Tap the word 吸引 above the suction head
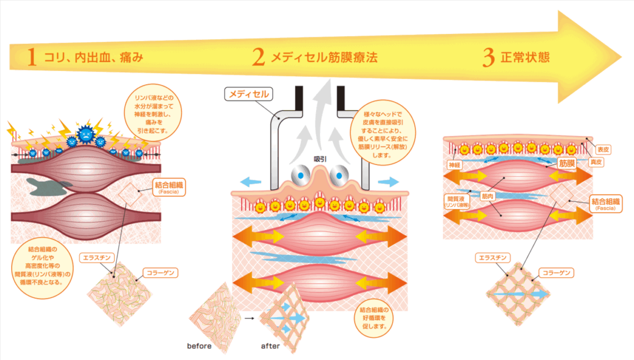320,159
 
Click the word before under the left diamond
199,347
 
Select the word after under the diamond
270,347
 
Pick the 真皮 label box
595,163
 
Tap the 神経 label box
455,165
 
